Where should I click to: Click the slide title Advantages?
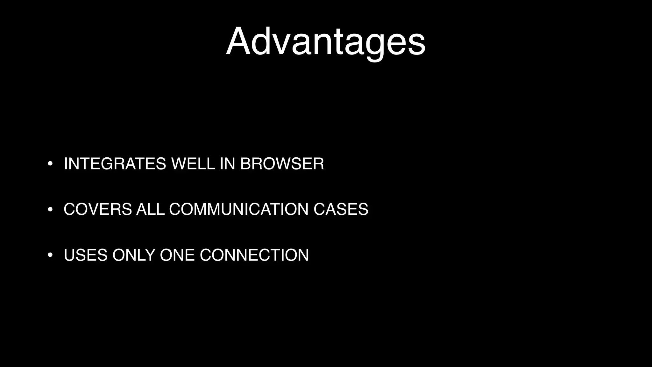(326, 41)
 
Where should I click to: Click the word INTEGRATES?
(115, 164)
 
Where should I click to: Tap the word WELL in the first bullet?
(193, 164)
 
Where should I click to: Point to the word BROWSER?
(282, 164)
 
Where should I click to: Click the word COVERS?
(98, 209)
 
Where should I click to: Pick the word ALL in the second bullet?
(150, 209)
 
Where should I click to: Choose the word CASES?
(341, 209)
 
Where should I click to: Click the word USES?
(86, 255)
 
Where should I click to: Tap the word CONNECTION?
(254, 255)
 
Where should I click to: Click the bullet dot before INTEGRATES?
(50, 164)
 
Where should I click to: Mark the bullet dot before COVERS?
(50, 210)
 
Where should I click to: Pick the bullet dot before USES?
(50, 255)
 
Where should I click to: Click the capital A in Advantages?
(239, 41)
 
